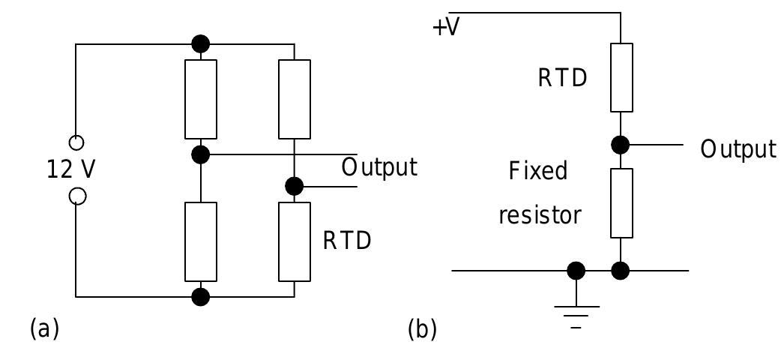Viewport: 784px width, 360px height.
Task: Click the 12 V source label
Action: click(x=71, y=170)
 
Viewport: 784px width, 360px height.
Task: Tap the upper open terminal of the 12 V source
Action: click(x=76, y=142)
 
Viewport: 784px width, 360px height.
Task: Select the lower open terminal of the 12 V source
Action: click(x=76, y=196)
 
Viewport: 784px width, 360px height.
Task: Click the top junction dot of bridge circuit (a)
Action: click(x=201, y=44)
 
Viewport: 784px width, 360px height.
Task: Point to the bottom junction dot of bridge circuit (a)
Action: click(x=201, y=297)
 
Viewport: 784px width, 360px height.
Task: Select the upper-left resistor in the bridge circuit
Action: click(x=201, y=99)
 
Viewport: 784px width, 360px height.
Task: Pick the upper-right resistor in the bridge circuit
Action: click(x=295, y=99)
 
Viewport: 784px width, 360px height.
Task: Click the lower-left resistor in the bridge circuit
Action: click(x=201, y=241)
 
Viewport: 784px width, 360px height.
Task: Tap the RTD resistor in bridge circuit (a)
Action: click(x=295, y=241)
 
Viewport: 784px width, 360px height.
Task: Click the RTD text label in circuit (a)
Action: click(x=347, y=241)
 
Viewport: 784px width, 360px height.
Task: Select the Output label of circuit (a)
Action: click(x=379, y=167)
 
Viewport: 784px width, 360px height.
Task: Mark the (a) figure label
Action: click(x=43, y=328)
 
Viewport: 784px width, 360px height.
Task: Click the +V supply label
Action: click(x=446, y=28)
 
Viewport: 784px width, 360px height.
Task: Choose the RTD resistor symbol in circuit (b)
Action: click(x=621, y=77)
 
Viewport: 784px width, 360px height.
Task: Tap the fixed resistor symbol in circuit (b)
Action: click(x=621, y=203)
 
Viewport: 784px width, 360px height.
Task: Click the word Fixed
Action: click(x=538, y=171)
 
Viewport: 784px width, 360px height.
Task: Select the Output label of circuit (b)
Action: click(x=738, y=149)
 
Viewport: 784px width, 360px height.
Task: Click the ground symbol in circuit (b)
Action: click(x=576, y=311)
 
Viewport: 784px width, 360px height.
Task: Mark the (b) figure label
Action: click(x=422, y=329)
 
